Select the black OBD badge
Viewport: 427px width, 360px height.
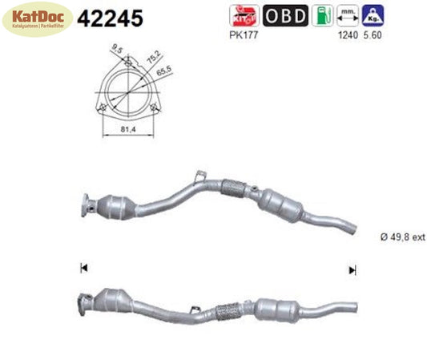click(284, 15)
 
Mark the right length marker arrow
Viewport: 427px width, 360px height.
click(351, 269)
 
